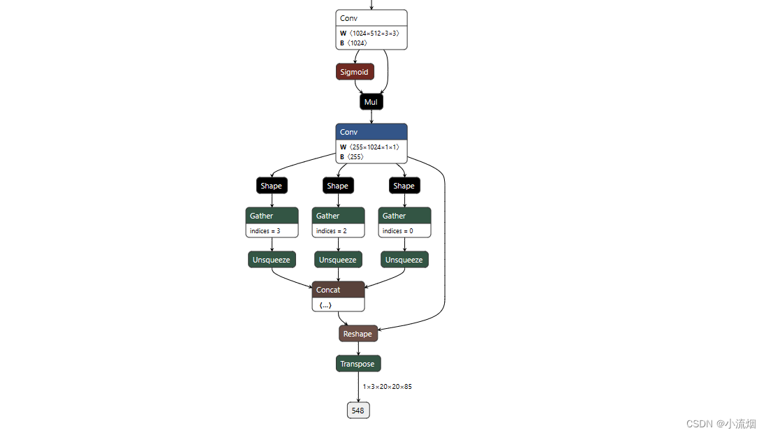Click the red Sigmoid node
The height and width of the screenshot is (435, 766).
click(x=355, y=72)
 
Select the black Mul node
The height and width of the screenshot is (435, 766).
click(x=371, y=102)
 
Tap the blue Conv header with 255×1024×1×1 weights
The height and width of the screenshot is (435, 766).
click(x=371, y=132)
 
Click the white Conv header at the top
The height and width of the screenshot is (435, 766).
click(x=371, y=18)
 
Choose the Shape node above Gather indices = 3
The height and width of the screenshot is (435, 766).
click(x=272, y=186)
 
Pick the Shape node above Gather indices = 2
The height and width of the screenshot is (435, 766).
click(x=338, y=186)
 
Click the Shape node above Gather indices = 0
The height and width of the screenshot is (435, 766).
click(x=404, y=186)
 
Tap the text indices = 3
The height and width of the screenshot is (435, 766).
click(x=265, y=231)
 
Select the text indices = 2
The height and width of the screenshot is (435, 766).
click(x=332, y=231)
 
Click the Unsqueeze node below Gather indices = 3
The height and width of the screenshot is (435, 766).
click(x=272, y=260)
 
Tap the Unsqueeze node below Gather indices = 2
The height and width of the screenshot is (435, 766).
click(x=338, y=260)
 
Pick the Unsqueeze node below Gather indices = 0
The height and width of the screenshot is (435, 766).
click(x=404, y=260)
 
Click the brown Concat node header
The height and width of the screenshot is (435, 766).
click(x=338, y=290)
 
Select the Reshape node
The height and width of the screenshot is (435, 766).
click(x=358, y=334)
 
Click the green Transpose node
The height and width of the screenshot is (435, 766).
click(x=358, y=364)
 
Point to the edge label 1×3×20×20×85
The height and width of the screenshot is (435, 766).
click(x=387, y=387)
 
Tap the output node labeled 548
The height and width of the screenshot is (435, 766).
click(x=358, y=411)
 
